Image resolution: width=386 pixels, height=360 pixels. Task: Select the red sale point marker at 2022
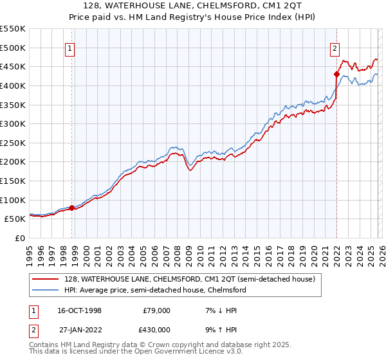pyautogui.click(x=336, y=74)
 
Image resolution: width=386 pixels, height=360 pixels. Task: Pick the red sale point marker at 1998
pyautogui.click(x=71, y=208)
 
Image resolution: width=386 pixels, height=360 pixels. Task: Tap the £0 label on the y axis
pyautogui.click(x=19, y=238)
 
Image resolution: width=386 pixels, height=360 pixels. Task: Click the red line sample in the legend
pyautogui.click(x=47, y=280)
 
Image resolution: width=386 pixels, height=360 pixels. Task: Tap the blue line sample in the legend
pyautogui.click(x=47, y=291)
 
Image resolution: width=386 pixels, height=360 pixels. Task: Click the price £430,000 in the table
pyautogui.click(x=156, y=329)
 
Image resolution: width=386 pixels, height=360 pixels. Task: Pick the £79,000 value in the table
pyautogui.click(x=156, y=310)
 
